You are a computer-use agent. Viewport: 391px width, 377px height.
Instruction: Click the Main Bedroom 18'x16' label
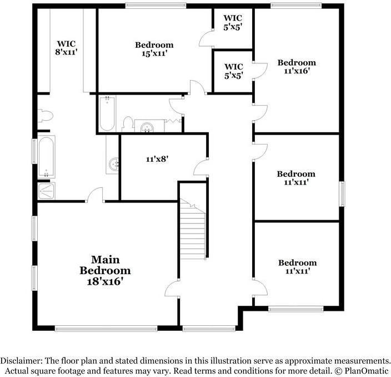click(x=106, y=270)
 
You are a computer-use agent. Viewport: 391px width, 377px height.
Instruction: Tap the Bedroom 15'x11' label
click(x=154, y=49)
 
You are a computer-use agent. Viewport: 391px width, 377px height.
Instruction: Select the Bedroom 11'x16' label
click(x=297, y=67)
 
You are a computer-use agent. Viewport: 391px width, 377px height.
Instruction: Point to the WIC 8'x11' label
click(x=66, y=47)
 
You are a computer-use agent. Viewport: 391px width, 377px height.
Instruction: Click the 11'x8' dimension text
click(x=157, y=159)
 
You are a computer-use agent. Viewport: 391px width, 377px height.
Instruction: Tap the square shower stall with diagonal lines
click(x=46, y=191)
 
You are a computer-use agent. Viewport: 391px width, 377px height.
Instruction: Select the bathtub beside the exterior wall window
click(x=46, y=157)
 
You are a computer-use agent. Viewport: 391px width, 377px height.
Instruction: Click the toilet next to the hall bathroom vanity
click(x=128, y=123)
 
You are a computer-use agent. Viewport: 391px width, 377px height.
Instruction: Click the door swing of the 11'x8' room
click(x=201, y=166)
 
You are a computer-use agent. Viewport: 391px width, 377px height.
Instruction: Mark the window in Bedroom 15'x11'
click(x=155, y=6)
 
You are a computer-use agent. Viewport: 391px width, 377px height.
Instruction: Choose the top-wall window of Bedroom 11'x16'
click(x=296, y=6)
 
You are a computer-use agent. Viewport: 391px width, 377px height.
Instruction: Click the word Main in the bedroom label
click(x=106, y=259)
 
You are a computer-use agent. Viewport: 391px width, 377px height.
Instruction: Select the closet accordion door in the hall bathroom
click(x=174, y=121)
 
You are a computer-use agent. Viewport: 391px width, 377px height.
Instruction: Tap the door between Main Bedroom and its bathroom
click(x=96, y=195)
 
